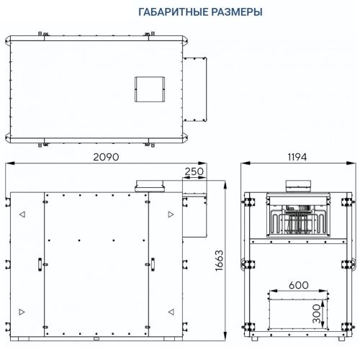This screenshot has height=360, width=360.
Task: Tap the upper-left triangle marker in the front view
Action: pyautogui.click(x=22, y=215)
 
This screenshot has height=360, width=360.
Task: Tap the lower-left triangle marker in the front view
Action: pyautogui.click(x=22, y=310)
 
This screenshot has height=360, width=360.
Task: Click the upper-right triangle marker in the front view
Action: pyautogui.click(x=171, y=215)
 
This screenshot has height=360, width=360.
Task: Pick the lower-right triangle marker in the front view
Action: pyautogui.click(x=171, y=310)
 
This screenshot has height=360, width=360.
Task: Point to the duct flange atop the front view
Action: pyautogui.click(x=147, y=186)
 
